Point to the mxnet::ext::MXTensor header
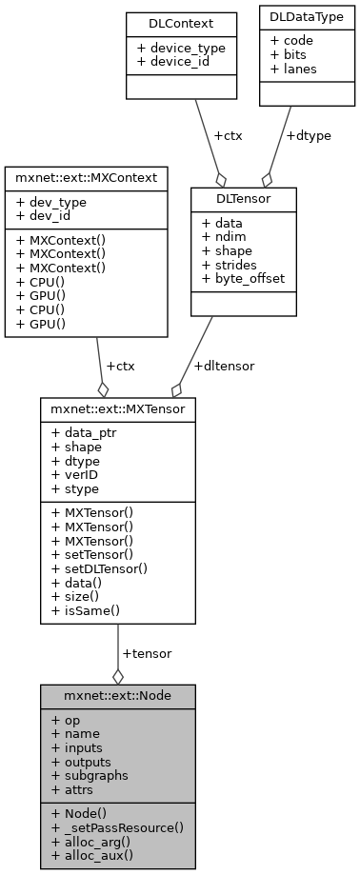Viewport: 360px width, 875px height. point(118,409)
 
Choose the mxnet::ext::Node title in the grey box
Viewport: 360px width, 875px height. point(117,695)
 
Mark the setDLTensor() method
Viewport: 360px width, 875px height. point(106,569)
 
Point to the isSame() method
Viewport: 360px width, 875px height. point(88,609)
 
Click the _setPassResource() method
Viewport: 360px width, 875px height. point(117,828)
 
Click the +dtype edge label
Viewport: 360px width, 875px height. point(309,135)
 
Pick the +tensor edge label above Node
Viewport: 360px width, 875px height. point(147,653)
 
